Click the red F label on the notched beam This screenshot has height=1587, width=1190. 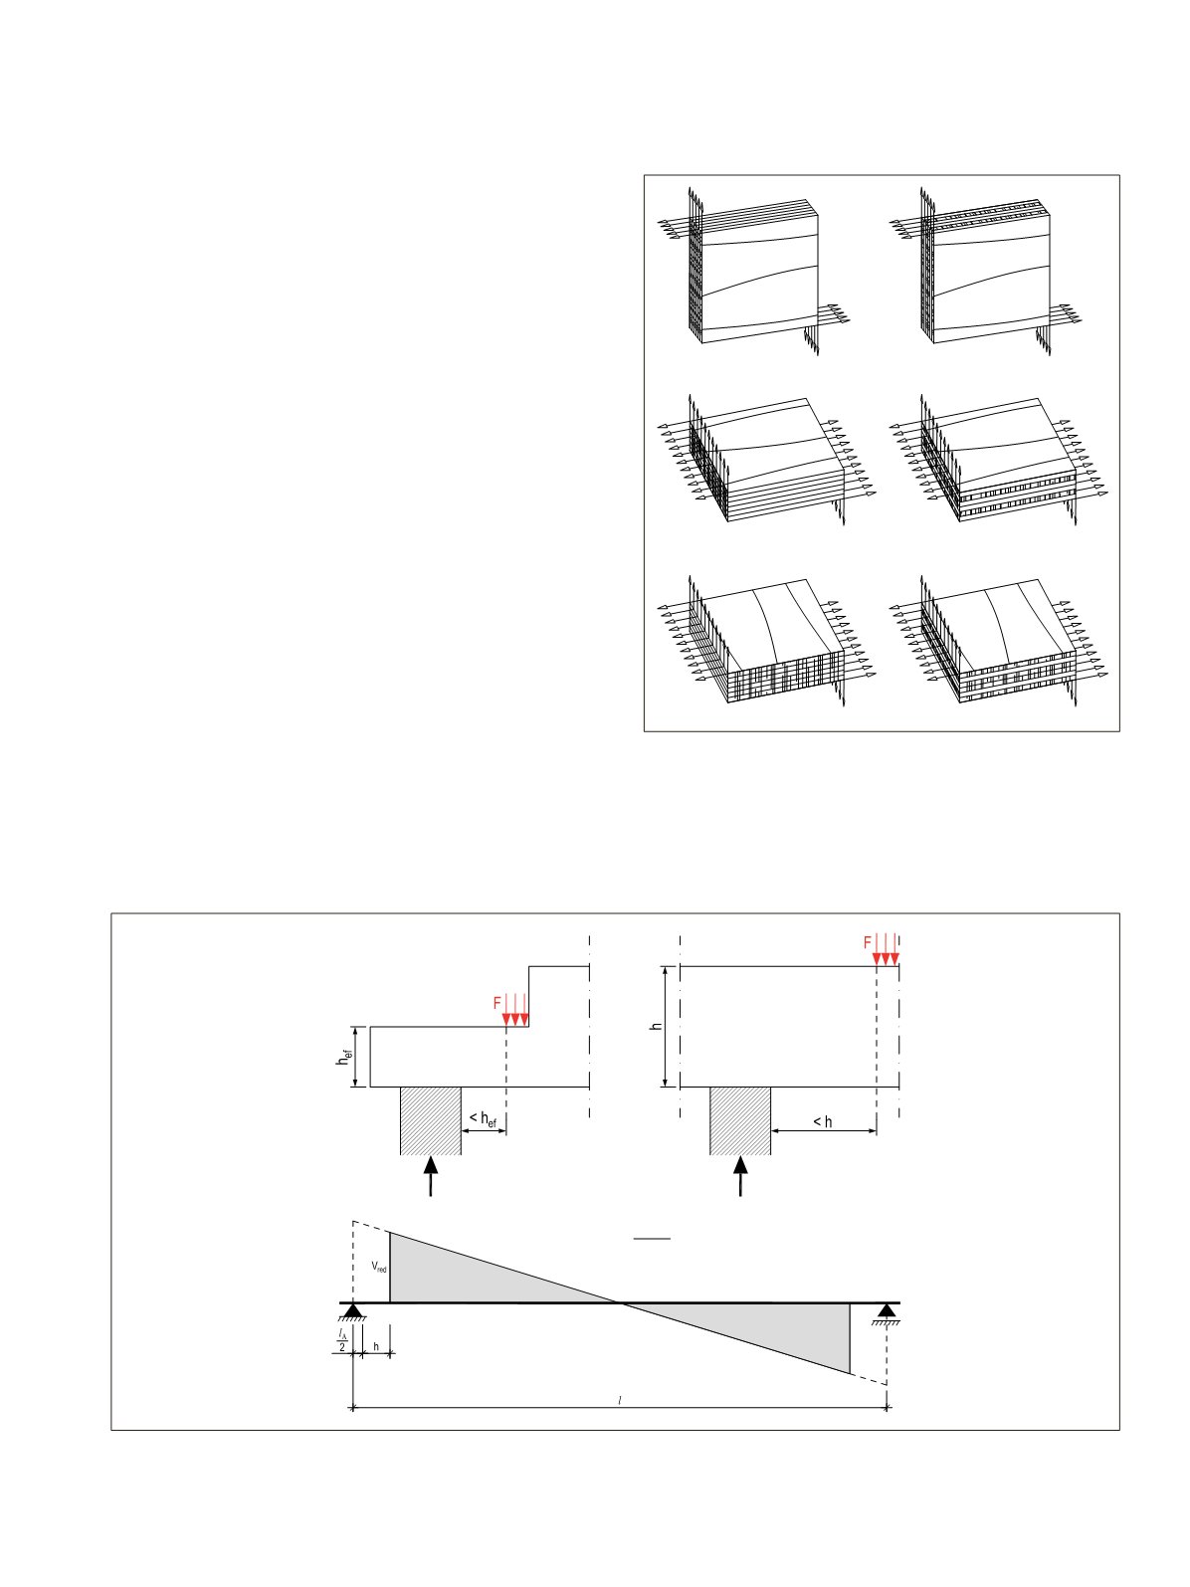[496, 1004]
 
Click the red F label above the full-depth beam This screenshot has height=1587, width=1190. [867, 943]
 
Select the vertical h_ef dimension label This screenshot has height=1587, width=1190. [345, 1056]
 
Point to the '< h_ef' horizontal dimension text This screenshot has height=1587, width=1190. [483, 1119]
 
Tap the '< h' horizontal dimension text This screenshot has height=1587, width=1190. [823, 1121]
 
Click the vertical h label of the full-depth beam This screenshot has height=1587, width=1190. [656, 1026]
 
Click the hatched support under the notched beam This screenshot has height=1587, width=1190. [431, 1120]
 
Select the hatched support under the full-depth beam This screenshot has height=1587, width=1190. [740, 1120]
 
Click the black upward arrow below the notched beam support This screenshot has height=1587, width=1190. [431, 1176]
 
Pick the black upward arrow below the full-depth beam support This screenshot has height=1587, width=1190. [740, 1176]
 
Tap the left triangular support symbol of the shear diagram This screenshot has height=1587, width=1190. [353, 1310]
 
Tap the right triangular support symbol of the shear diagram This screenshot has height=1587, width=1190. [887, 1310]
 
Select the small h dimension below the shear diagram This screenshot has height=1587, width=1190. [376, 1347]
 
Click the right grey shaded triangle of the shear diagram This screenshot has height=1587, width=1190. [773, 1327]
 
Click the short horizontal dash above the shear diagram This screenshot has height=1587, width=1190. [652, 1238]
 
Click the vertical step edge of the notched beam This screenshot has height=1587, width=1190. [529, 996]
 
